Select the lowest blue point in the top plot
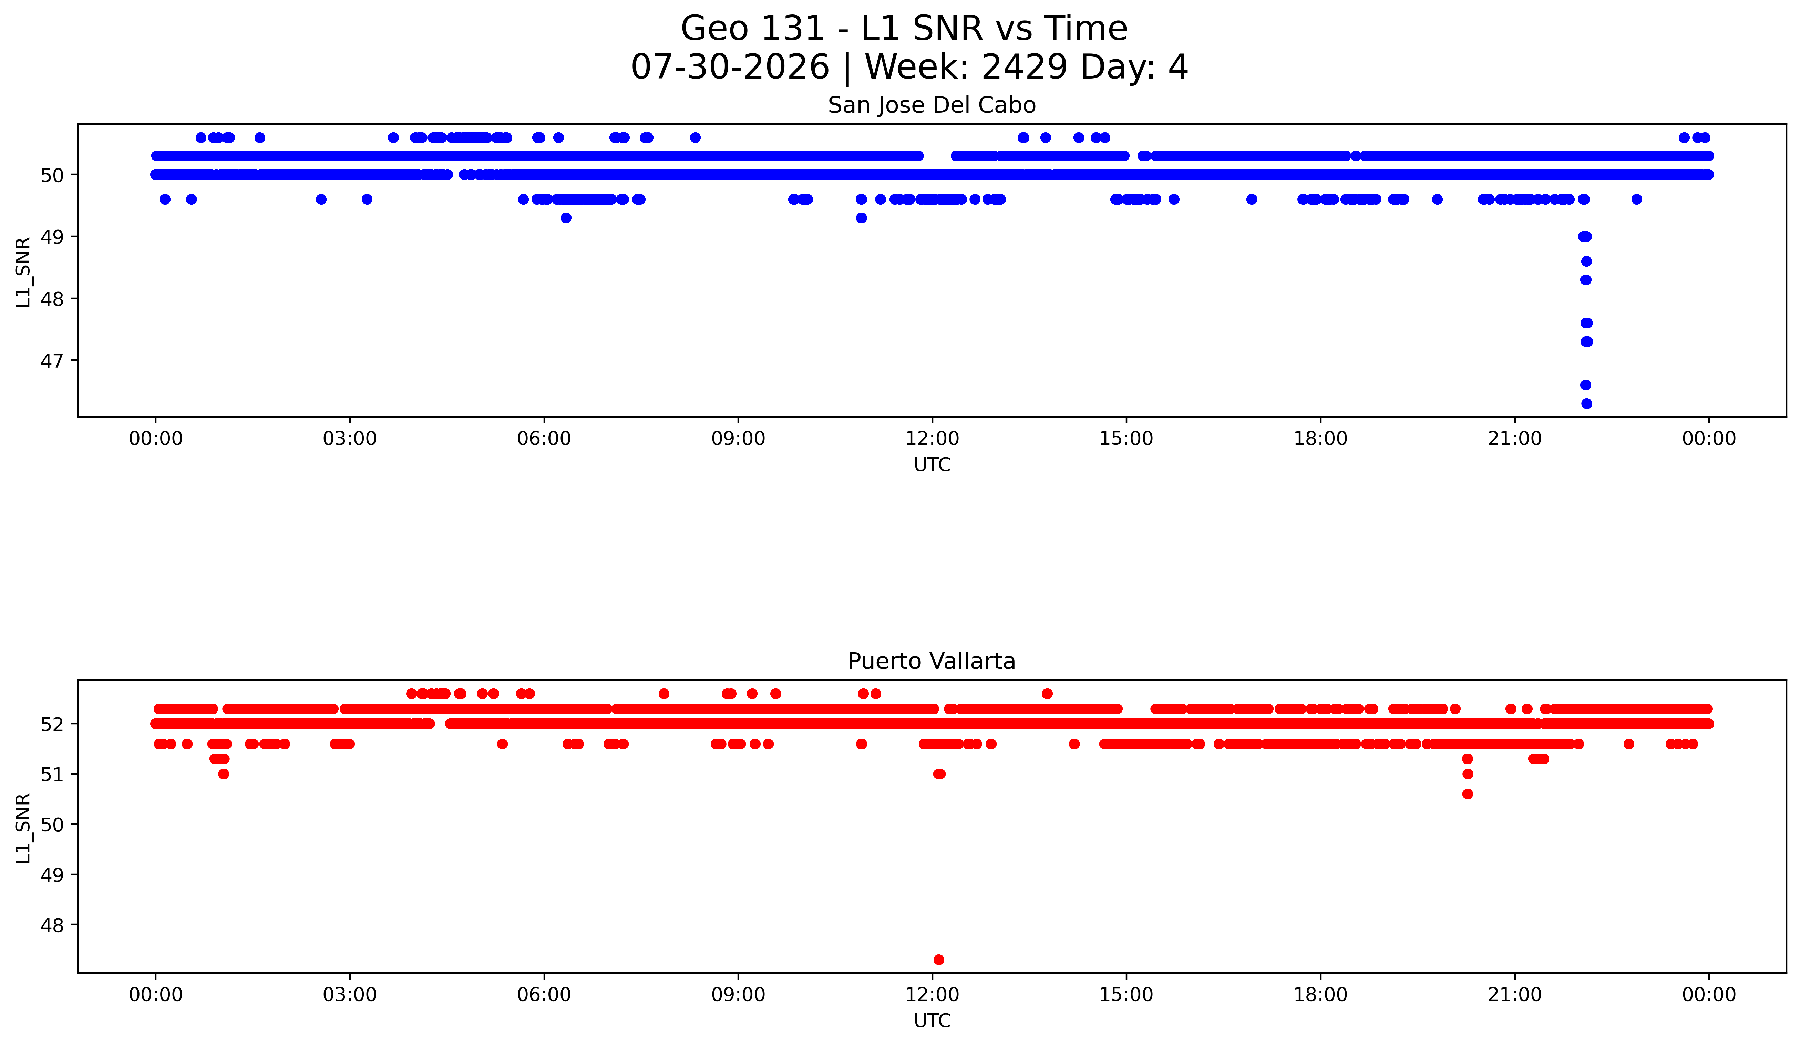1586,403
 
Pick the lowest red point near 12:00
938,959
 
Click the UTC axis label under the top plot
932,465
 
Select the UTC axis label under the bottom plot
932,1021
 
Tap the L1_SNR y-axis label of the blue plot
23,272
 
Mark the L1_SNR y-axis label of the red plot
23,828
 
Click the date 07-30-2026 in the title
730,67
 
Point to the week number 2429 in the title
1025,67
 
